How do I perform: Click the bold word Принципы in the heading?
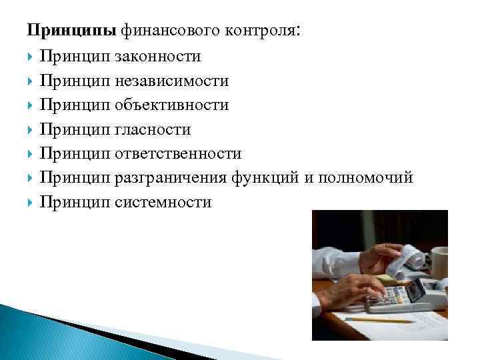tap(71, 31)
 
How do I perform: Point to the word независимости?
tap(171, 81)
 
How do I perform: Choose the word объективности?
tap(171, 105)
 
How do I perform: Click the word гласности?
tap(153, 129)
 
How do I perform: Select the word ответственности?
tap(177, 154)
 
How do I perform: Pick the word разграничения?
tap(171, 178)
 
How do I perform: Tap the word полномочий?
tap(365, 178)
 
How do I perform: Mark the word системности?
tap(163, 202)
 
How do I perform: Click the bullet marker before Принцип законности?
tap(31, 58)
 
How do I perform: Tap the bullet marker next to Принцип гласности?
tap(31, 130)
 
